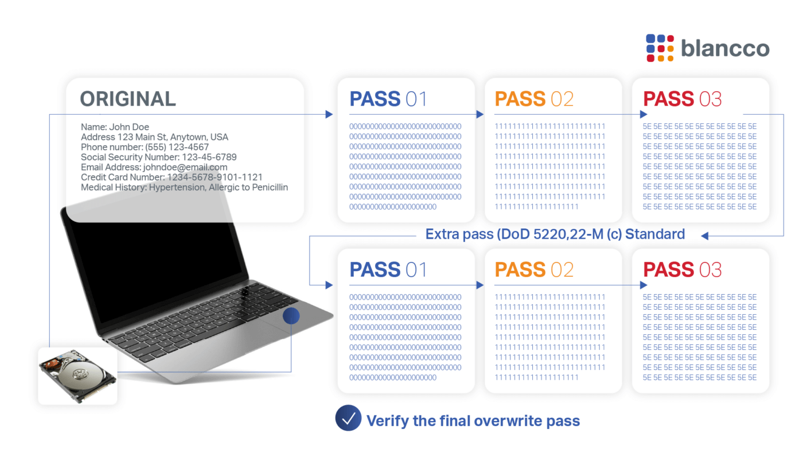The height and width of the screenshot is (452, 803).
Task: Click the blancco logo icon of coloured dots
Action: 660,48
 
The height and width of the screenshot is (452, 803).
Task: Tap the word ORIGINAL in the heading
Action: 128,99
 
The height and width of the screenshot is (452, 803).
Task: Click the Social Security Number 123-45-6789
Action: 209,157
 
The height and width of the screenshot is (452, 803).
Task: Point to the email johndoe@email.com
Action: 185,167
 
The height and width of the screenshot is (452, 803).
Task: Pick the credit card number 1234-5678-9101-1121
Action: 215,177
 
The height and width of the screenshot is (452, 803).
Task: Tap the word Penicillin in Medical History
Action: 268,188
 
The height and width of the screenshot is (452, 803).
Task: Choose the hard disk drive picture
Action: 77,376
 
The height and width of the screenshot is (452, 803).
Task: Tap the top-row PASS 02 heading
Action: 534,99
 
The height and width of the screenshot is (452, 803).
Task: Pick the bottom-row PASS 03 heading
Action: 682,270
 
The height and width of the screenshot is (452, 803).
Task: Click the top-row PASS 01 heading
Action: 388,99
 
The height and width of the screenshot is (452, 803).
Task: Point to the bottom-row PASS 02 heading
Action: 534,270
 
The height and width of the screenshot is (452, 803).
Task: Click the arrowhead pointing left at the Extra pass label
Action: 705,235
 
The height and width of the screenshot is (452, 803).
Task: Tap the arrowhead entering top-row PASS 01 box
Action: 329,114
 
